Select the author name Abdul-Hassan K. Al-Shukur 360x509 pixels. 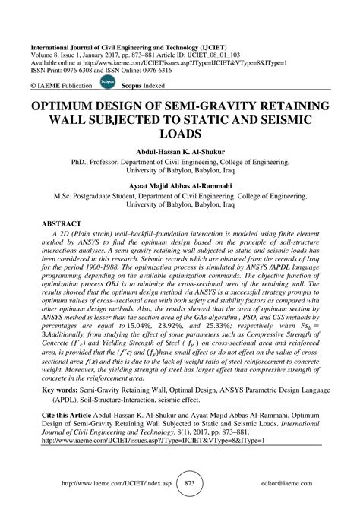[179, 150]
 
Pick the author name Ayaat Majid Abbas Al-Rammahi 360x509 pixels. [179, 185]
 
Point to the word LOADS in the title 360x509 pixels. [179, 134]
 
